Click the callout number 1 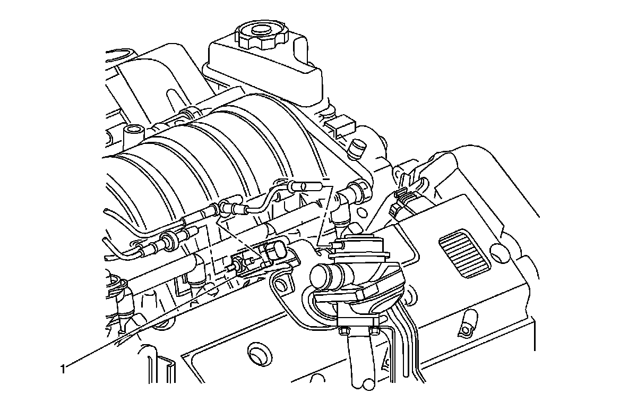[63, 369]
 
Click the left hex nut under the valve [342, 331]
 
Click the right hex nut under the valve [374, 331]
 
